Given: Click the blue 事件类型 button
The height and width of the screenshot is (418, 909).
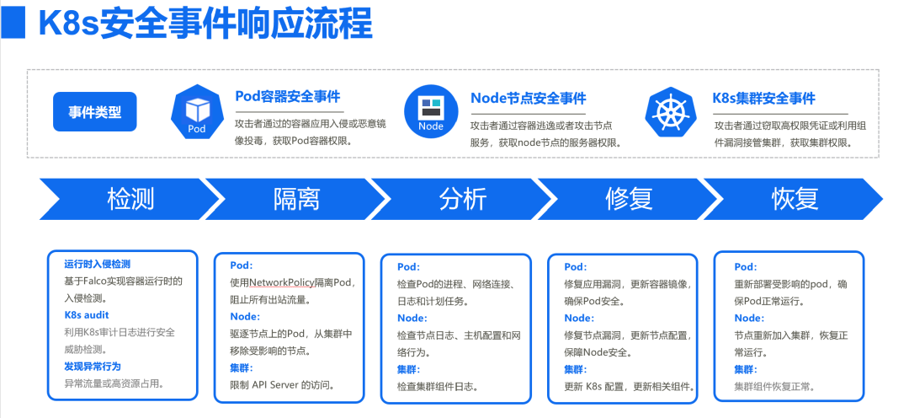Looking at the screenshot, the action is pos(94,111).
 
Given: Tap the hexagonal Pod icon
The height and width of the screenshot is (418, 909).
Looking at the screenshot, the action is pos(196,111).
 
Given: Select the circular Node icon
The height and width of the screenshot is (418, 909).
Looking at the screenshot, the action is pos(431,111).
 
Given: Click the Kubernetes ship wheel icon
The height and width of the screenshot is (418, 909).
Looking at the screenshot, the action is pos(672,111).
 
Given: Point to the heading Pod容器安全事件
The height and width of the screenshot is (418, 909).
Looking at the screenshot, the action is pos(288,96).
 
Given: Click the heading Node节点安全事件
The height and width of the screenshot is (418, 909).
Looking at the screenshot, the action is pos(528,98).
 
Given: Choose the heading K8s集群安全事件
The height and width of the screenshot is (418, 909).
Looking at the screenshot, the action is pos(763,98).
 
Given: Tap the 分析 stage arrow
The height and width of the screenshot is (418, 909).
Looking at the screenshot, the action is pos(462,199).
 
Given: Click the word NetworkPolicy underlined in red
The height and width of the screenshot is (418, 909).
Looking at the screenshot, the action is pos(282,282).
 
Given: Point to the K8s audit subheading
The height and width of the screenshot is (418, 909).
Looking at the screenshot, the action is pos(87,315).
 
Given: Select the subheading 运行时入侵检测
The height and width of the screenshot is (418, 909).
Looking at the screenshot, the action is pos(97,264).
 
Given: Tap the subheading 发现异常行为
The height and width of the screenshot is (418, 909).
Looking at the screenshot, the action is pos(93,367).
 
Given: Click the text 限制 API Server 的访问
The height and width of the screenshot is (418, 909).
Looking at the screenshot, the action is pos(283,384).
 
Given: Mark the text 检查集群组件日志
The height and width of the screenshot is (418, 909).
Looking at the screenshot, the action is pos(438,386).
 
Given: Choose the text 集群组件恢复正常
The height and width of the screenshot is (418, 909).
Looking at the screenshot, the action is pos(774,386).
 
